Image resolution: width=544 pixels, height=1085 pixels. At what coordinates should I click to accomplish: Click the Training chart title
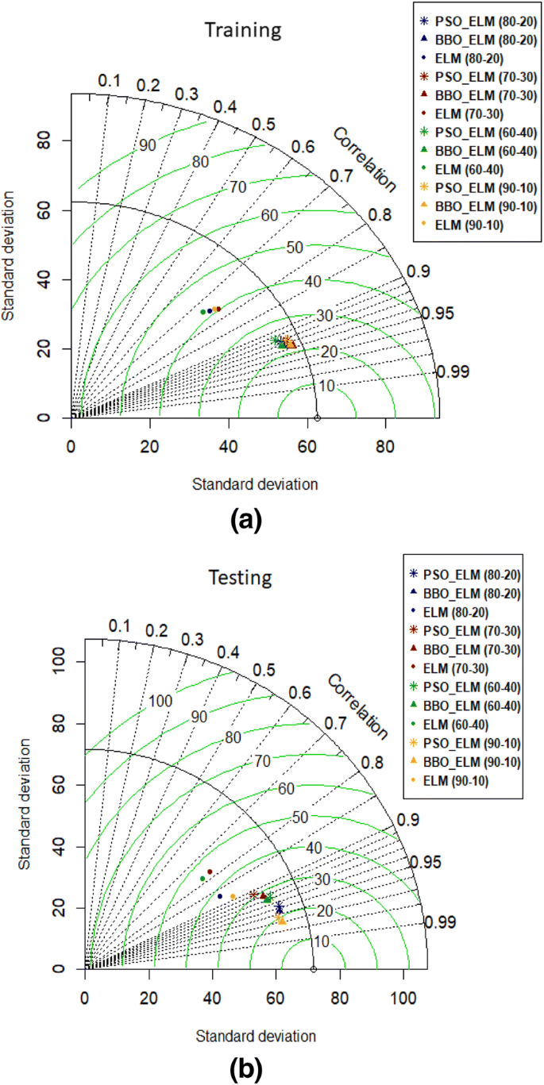click(243, 30)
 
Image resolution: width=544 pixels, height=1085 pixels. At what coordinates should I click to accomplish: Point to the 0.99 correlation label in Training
click(453, 371)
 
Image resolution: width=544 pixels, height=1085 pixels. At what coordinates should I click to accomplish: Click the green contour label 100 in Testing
click(160, 701)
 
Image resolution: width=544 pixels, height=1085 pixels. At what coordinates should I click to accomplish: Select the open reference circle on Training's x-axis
click(317, 417)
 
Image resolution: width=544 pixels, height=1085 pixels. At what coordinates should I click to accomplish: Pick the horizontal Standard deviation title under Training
click(256, 483)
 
